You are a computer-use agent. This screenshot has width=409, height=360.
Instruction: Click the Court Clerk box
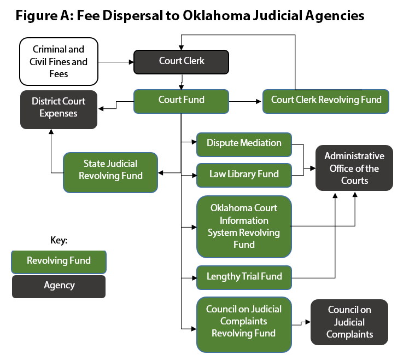point(182,61)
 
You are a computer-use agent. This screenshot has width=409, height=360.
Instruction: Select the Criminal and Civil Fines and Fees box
point(59,62)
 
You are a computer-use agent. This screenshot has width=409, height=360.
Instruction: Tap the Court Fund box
point(182,101)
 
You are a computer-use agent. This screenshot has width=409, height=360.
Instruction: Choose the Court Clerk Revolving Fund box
point(326,101)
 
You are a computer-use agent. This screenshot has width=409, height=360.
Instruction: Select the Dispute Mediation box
point(244,143)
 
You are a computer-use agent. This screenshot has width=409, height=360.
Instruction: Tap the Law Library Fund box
point(244,175)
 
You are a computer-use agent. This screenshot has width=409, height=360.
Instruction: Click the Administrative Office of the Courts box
point(354,168)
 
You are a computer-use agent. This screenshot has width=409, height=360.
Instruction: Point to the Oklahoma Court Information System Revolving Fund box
point(244,227)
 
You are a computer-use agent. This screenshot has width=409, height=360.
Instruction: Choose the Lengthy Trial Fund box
point(244,277)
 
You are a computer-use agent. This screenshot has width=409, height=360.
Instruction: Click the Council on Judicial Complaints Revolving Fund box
point(244,321)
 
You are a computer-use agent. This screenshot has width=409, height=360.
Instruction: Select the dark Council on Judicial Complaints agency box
point(349,322)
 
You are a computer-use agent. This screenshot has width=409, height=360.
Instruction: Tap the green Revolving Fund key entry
point(59,261)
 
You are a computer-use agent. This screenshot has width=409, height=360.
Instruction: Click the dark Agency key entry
point(59,286)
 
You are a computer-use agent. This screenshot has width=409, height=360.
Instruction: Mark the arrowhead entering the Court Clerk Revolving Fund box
point(259,101)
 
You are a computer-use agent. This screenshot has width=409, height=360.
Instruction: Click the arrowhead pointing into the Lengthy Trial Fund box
point(194,277)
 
